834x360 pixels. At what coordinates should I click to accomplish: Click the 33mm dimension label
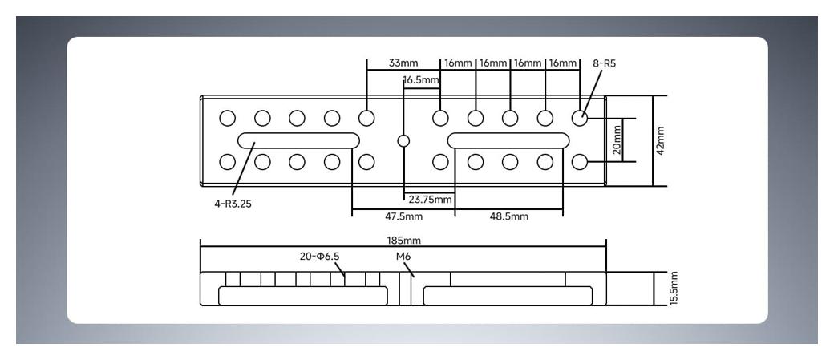click(399, 63)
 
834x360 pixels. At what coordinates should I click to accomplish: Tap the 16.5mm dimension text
click(421, 80)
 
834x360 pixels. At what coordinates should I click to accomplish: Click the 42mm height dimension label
click(661, 141)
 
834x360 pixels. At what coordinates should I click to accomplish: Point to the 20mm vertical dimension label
click(617, 140)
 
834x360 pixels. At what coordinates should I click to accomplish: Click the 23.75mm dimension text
click(431, 199)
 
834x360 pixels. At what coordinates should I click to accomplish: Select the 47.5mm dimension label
click(403, 216)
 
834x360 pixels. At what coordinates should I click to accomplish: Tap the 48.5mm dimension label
click(508, 216)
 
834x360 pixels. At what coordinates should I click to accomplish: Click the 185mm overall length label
click(403, 241)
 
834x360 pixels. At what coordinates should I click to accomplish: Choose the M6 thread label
click(403, 257)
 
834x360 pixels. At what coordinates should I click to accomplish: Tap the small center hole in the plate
click(403, 141)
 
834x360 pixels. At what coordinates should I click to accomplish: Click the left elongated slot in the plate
click(298, 141)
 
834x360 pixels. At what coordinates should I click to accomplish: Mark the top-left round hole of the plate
click(228, 119)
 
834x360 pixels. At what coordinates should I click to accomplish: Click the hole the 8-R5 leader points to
click(580, 119)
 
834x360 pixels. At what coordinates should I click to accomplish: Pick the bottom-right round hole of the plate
click(580, 163)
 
